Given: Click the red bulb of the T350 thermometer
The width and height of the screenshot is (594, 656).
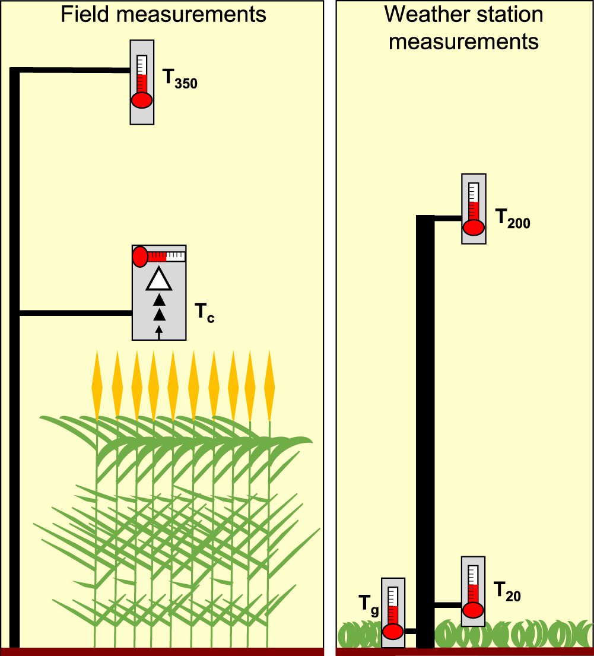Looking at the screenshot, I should [142, 100].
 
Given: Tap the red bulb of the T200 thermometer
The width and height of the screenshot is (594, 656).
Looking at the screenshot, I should [474, 227].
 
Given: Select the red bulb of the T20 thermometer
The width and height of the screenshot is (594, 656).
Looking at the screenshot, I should [473, 610].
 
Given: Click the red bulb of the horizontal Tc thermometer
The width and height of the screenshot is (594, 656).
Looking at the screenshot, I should [140, 256].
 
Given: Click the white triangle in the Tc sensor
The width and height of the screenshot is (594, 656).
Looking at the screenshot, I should [158, 280].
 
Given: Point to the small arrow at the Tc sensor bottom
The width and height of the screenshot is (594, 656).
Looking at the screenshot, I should [158, 332].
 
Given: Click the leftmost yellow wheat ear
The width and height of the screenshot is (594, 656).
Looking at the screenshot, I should [97, 386].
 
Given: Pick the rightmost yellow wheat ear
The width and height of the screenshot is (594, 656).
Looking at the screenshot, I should [270, 386].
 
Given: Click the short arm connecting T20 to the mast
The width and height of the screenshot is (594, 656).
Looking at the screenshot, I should [448, 605].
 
